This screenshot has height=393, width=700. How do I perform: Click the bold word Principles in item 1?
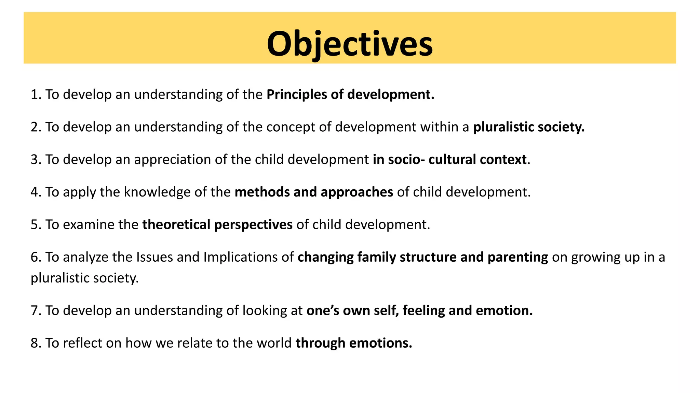(x=296, y=94)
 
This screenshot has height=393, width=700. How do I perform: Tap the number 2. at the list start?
(x=36, y=127)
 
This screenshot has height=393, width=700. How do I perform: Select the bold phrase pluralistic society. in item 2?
(x=529, y=127)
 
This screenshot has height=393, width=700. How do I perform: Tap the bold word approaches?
(x=357, y=192)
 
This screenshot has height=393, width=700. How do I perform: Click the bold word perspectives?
(x=253, y=225)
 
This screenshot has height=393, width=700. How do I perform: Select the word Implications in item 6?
(x=240, y=257)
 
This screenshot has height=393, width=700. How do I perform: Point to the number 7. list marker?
(x=36, y=311)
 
